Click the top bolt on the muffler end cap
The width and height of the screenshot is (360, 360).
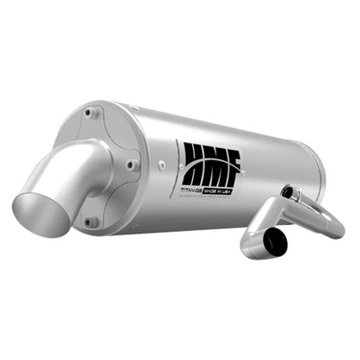93,112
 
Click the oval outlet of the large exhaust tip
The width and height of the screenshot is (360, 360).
40,212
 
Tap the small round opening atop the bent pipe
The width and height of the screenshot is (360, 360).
289,193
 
